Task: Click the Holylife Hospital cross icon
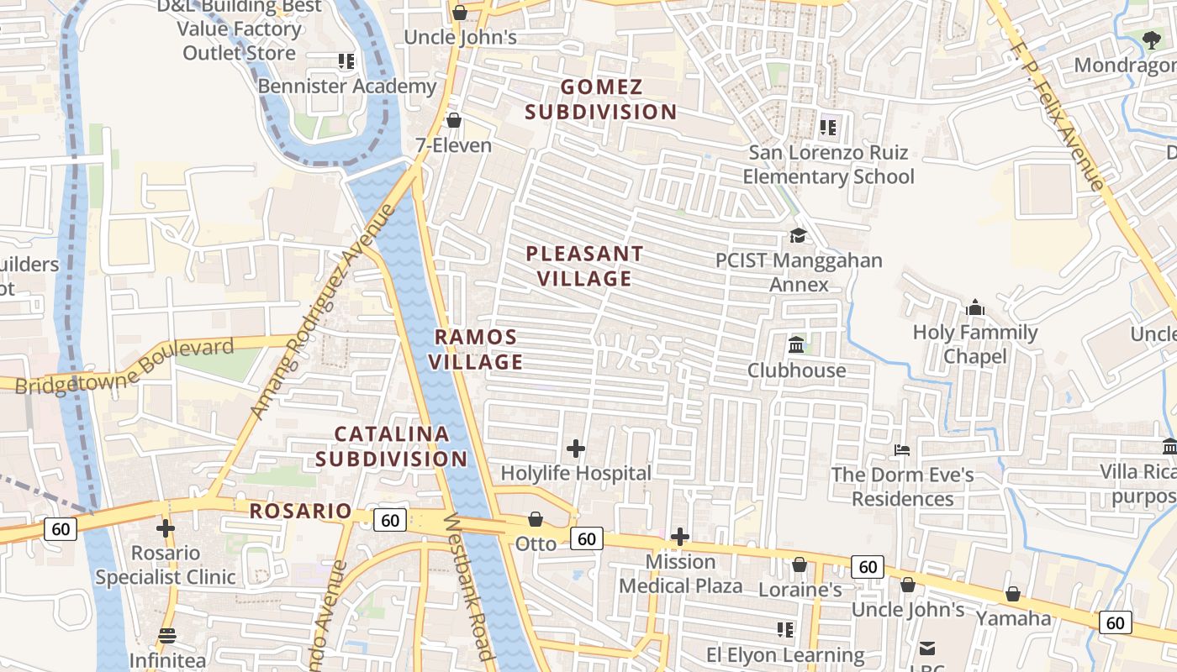576,449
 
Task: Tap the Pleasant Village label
584,265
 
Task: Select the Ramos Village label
477,349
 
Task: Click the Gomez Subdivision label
601,99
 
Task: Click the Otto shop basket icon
536,519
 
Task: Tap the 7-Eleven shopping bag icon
454,120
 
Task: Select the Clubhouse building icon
796,344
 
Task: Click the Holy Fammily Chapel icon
975,307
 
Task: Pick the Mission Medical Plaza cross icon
680,536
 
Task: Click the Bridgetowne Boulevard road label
124,366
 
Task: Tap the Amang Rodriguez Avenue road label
323,311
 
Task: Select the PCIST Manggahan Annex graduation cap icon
798,235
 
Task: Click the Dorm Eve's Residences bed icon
902,450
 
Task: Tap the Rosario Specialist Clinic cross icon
166,528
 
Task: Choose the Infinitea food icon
167,636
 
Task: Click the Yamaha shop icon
1013,594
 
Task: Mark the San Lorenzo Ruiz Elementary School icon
828,128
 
